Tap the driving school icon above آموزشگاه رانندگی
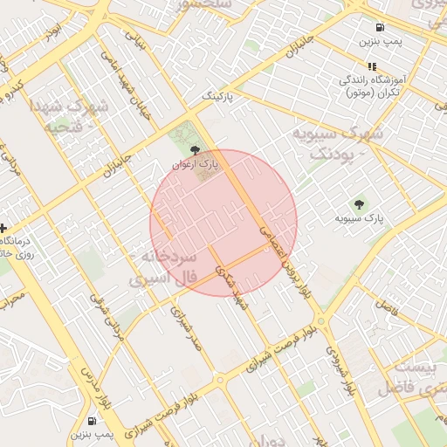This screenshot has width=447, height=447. (372, 66)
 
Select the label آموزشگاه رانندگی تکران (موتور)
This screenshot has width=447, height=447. (372, 86)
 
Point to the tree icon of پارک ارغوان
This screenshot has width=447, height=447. (194, 149)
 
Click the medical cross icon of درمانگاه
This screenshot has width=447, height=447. (3, 228)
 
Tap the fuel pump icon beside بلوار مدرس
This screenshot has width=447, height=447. (93, 420)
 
